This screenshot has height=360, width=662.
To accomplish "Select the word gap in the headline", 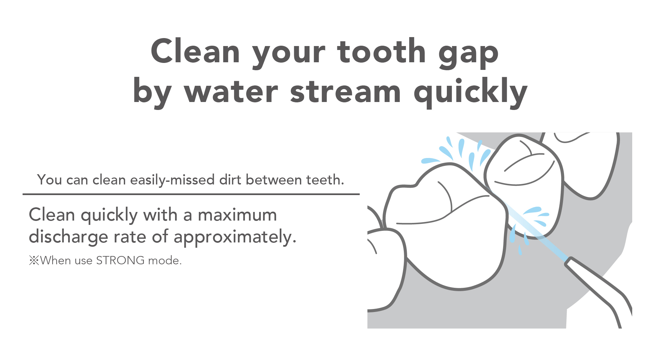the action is pyautogui.click(x=468, y=55).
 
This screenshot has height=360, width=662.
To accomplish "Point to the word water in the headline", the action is pyautogui.click(x=231, y=92).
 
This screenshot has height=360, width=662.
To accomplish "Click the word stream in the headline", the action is pyautogui.click(x=345, y=92).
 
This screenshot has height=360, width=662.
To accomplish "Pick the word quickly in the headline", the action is pyautogui.click(x=470, y=93).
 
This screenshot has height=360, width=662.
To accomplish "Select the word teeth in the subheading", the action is pyautogui.click(x=325, y=180).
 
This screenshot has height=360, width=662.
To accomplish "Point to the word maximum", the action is pyautogui.click(x=237, y=215).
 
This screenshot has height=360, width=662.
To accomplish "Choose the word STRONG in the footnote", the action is pyautogui.click(x=120, y=260).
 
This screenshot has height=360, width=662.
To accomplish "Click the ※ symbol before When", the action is pyautogui.click(x=34, y=261).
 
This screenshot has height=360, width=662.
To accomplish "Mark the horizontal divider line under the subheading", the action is pyautogui.click(x=191, y=194).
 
